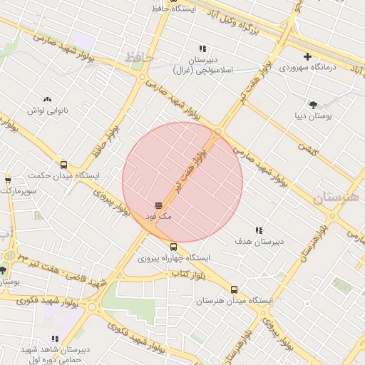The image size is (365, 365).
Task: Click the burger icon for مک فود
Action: click(158, 205)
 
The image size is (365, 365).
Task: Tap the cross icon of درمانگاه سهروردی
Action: click(307, 56)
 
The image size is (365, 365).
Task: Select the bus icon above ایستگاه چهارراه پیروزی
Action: click(173, 247)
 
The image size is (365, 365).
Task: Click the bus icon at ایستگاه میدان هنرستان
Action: click(235, 290)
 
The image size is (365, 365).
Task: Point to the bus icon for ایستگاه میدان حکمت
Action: click(64, 165)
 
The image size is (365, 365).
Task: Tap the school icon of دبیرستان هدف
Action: click(259, 230)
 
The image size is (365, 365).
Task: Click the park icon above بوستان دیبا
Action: click(312, 104)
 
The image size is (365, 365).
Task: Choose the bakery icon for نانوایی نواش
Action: click(47, 100)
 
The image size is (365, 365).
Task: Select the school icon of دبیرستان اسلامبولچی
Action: click(202, 49)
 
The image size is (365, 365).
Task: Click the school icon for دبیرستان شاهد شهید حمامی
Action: click(54, 339)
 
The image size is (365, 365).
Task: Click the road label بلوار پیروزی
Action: click(111, 202)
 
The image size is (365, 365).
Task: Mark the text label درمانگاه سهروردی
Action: click(307, 68)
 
